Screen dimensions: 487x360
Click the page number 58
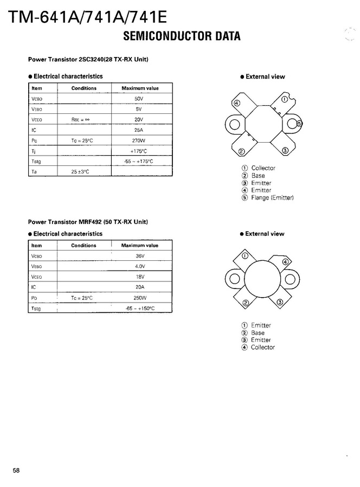[x=16, y=470]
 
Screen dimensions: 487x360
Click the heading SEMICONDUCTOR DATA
[x=182, y=37]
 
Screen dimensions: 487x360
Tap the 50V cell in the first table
[x=139, y=99]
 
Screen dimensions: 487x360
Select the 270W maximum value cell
[x=139, y=140]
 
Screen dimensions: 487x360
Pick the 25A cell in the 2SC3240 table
[x=139, y=130]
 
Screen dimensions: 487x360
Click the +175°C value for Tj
[x=139, y=151]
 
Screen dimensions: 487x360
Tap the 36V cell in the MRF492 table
[x=140, y=256]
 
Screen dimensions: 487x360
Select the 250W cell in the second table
[x=140, y=298]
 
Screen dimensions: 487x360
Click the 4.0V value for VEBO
[x=140, y=266]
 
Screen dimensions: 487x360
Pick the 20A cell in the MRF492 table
[x=140, y=287]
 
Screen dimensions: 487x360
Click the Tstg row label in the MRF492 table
[x=36, y=309]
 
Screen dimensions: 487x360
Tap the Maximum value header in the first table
[x=140, y=88]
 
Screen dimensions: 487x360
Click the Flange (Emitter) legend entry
[x=272, y=198]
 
